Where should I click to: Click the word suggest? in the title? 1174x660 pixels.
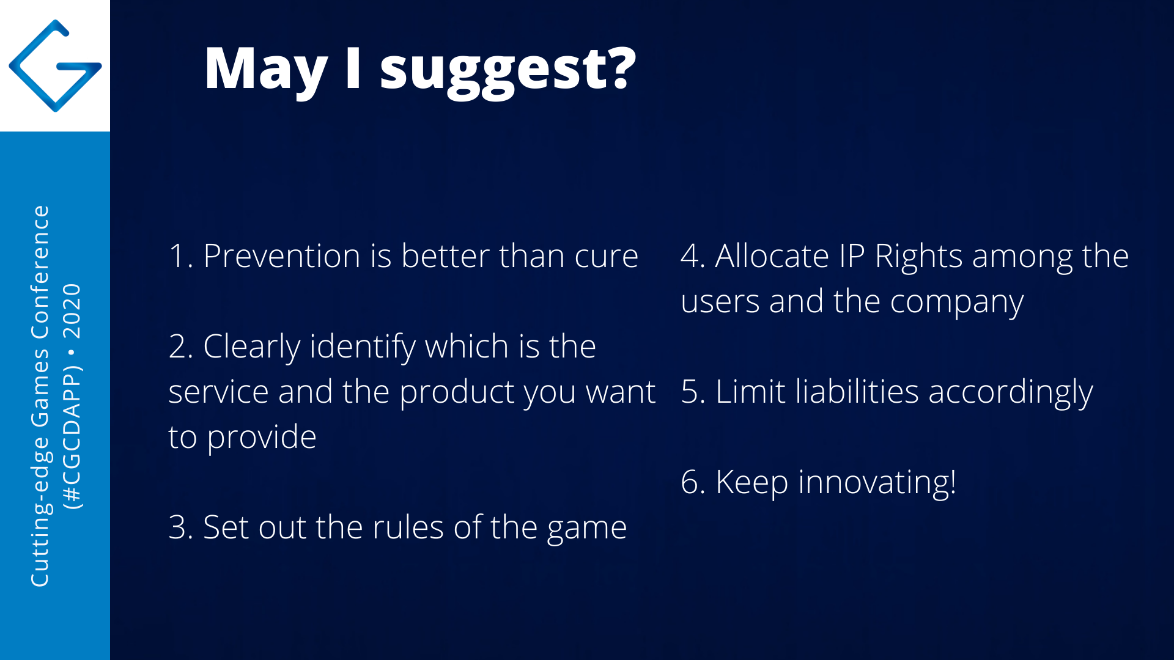(x=508, y=72)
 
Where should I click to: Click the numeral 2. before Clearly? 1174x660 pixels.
(x=181, y=346)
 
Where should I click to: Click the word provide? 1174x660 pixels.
(x=262, y=438)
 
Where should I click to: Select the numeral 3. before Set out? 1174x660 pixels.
(x=181, y=527)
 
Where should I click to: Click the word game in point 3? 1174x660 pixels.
(x=587, y=530)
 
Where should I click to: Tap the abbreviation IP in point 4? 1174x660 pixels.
(x=852, y=256)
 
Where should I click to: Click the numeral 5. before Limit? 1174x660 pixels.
(x=693, y=392)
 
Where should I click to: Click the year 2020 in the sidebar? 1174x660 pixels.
(x=72, y=311)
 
